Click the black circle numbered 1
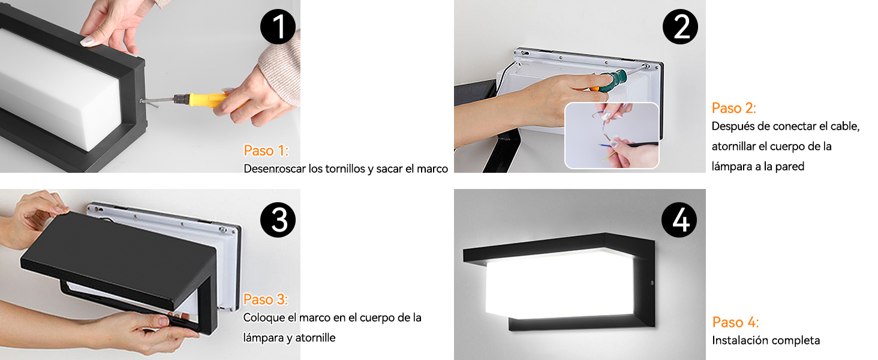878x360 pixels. click(278, 26)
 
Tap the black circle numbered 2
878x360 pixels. click(680, 26)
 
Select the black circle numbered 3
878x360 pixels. click(278, 220)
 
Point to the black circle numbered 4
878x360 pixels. click(679, 220)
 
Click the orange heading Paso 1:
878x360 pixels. click(266, 151)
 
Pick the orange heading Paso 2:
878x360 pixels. click(733, 108)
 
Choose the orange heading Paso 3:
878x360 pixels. click(266, 299)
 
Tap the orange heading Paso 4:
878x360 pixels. click(735, 322)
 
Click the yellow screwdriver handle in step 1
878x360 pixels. click(207, 100)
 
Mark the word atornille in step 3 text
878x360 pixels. click(315, 338)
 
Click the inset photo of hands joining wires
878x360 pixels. click(612, 135)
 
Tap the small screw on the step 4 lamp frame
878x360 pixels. click(653, 283)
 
